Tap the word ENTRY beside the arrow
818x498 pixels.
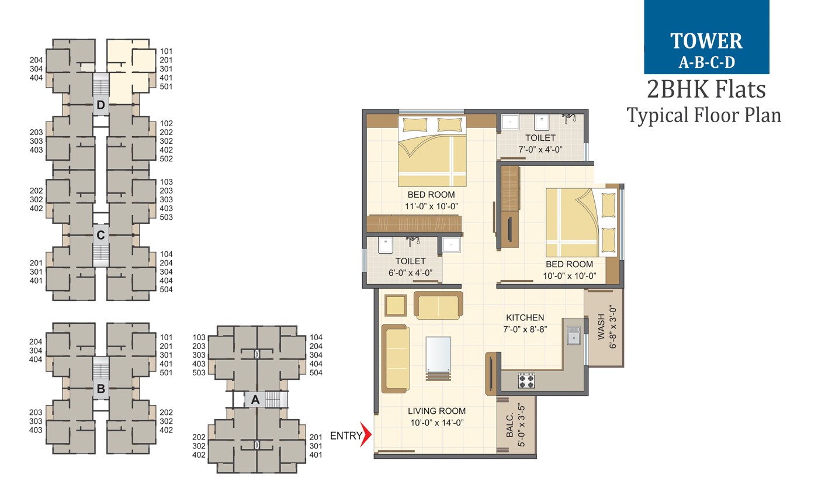point(345,435)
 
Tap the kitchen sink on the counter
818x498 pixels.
point(574,334)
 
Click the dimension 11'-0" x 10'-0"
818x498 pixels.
point(431,205)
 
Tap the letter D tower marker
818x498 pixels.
point(100,106)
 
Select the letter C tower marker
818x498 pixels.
point(100,235)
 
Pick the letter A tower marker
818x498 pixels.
point(255,400)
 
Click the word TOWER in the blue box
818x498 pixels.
point(706,40)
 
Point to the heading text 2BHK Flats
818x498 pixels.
point(706,91)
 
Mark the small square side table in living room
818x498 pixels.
point(396,305)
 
